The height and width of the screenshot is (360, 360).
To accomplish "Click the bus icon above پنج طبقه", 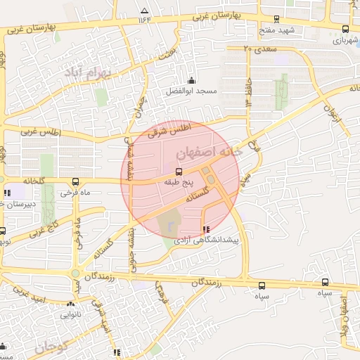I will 178,171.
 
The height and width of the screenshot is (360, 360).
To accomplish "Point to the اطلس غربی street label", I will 41,132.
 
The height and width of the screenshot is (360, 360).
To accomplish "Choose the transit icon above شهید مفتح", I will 275,20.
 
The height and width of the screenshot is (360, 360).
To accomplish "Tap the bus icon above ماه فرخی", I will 75,181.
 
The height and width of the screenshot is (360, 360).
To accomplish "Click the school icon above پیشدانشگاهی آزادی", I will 205,229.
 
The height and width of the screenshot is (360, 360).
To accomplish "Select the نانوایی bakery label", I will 71,315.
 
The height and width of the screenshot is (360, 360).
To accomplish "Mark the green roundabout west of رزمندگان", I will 75,273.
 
